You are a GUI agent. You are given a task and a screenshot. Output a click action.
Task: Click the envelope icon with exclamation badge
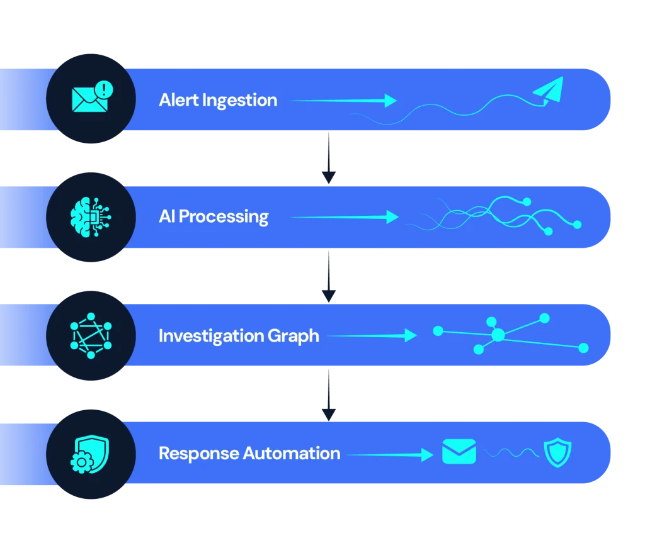pos(90,98)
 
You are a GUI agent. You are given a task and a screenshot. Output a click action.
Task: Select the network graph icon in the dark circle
pos(91,335)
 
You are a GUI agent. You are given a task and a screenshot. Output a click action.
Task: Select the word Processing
pos(224,217)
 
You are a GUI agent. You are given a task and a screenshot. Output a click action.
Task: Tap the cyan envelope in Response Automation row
pos(459,452)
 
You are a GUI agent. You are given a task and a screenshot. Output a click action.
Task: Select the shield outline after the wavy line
pos(558,453)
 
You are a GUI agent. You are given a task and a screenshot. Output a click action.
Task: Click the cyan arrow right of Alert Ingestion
pos(343,101)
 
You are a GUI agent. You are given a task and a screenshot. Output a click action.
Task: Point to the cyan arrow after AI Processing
pos(345,218)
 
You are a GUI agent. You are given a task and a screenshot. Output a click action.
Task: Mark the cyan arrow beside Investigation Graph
pos(372,336)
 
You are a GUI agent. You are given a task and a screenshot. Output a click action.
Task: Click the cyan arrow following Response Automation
pos(391,454)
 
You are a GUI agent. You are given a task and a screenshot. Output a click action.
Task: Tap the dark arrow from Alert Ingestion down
pos(328,157)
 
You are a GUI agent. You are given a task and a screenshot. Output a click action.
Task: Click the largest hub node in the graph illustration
pos(498,335)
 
